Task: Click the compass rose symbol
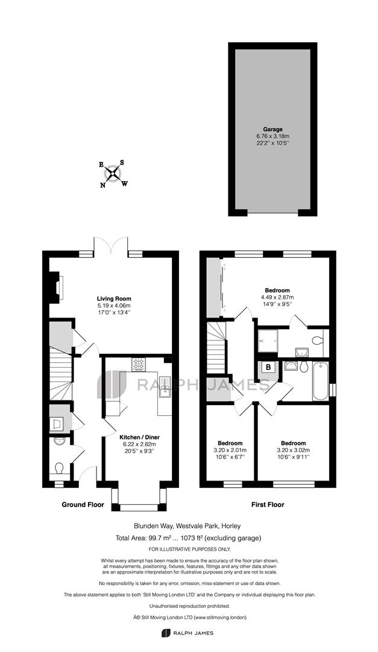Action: tap(113, 174)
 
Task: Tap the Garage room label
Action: tap(272, 129)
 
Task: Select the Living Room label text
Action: tap(114, 299)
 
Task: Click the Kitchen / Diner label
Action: tap(140, 438)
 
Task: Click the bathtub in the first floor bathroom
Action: tap(320, 381)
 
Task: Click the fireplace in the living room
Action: tap(55, 287)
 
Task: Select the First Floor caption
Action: tap(268, 505)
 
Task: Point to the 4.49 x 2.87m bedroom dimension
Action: tap(277, 297)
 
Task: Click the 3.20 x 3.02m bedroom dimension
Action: tap(293, 450)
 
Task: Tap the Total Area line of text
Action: tap(189, 538)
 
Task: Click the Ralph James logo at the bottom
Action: tap(187, 633)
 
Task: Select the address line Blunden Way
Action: tap(187, 526)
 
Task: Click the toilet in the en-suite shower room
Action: tap(317, 341)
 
